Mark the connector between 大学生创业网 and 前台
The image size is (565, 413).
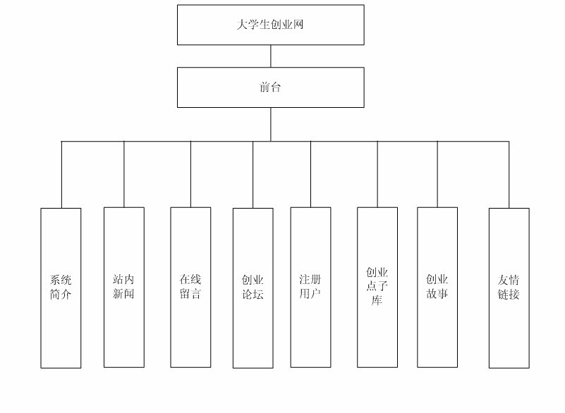271,56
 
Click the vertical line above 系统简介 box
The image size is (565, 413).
61,175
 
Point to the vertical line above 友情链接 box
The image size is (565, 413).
509,175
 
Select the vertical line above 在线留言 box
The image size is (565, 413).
190,174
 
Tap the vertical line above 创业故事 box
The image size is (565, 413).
437,174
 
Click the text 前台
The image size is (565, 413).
270,87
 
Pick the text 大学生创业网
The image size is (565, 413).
270,25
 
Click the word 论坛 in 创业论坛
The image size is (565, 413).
253,295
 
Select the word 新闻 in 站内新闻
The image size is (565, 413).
123,293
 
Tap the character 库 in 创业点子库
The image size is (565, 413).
377,301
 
